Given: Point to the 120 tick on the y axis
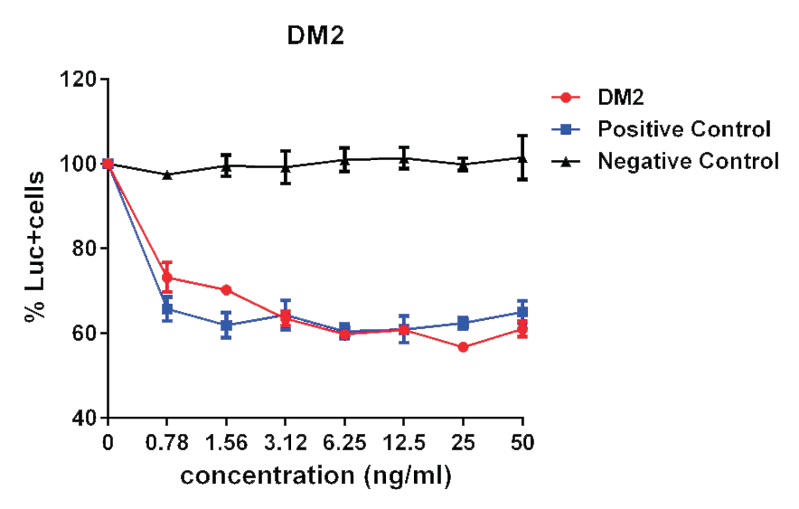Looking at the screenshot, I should click(x=82, y=80).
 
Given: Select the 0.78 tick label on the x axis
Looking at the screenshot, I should click(x=167, y=444).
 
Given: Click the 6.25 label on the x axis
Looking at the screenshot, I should click(x=344, y=444).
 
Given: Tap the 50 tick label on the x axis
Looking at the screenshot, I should click(x=522, y=444).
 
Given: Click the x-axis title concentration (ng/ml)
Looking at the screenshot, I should click(x=315, y=476).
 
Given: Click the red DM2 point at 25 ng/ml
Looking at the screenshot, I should click(x=463, y=347).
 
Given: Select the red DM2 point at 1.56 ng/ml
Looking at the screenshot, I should click(x=226, y=290).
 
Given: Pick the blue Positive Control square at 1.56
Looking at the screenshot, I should click(x=226, y=325).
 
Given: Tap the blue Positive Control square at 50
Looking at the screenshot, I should click(x=522, y=312).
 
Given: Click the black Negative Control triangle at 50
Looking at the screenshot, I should click(x=522, y=157).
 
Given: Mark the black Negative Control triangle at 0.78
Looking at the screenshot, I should click(x=167, y=174).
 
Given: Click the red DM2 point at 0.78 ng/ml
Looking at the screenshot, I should click(x=167, y=278).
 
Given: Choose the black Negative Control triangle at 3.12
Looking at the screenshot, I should click(x=286, y=166).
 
